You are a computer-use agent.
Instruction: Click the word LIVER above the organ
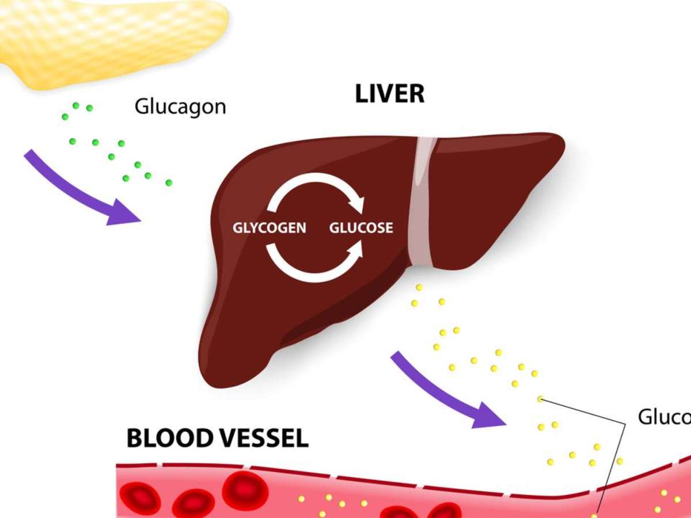[390, 94]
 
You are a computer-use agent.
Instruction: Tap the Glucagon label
[180, 106]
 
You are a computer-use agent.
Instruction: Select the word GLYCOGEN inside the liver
[269, 228]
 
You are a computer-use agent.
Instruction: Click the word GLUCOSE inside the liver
[361, 228]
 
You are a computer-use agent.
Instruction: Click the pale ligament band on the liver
[423, 201]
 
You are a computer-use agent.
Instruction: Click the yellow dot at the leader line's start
[540, 399]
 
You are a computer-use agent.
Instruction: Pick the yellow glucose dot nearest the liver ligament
[419, 287]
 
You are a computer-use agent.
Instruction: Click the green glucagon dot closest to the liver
[169, 182]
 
